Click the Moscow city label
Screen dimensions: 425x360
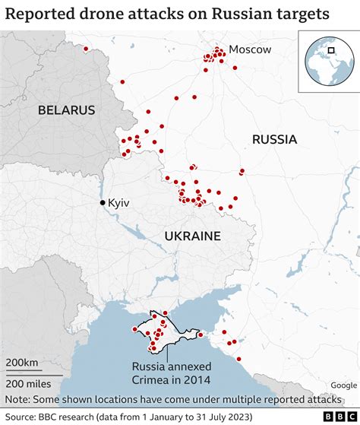coord(250,49)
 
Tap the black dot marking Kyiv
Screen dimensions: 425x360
coord(103,203)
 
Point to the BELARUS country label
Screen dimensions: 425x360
coord(67,110)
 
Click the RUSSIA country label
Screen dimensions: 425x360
coord(274,139)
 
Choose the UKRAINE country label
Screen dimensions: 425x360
coord(192,236)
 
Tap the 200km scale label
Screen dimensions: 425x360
coord(23,363)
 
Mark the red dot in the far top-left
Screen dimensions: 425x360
coord(86,49)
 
